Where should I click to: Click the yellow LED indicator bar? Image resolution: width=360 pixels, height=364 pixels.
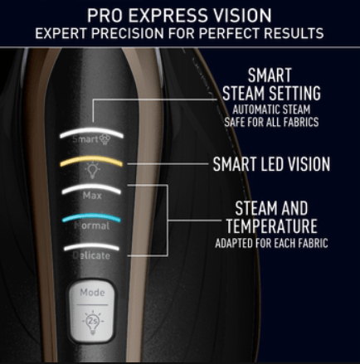(91, 160)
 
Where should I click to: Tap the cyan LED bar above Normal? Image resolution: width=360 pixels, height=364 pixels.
(91, 216)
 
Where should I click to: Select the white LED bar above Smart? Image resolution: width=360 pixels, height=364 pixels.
(91, 132)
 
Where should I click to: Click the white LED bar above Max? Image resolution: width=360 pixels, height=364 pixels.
(91, 188)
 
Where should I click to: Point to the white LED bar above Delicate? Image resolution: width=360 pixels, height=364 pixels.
(91, 246)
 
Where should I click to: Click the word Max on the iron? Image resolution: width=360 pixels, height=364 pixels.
(92, 196)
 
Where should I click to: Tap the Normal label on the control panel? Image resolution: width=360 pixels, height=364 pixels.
(92, 226)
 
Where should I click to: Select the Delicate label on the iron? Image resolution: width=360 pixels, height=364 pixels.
(91, 255)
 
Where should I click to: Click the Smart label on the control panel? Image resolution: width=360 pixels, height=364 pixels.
(85, 139)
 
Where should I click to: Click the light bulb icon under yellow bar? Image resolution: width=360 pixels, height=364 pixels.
(92, 171)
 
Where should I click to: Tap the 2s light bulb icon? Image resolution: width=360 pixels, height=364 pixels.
(93, 322)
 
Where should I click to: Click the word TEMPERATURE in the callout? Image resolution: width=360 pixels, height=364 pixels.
(271, 226)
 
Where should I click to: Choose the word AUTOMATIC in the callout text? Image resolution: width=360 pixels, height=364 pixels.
(255, 109)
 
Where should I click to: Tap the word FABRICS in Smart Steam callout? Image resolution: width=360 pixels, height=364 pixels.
(301, 122)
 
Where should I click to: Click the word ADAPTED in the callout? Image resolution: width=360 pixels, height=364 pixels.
(234, 244)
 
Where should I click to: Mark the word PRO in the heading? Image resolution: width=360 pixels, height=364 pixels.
(105, 16)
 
